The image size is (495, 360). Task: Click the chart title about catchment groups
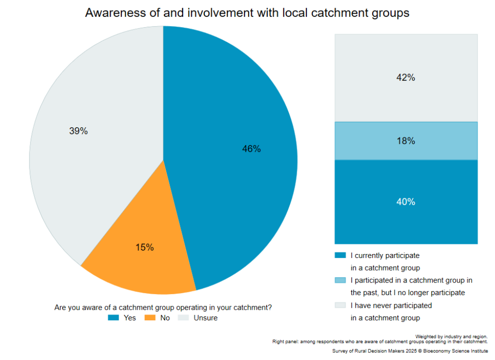247,13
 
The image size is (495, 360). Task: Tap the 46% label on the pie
251,149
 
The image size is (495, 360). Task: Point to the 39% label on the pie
78,131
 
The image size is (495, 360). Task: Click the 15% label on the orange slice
145,248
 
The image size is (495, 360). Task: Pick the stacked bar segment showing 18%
406,141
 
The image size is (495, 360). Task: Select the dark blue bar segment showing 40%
406,202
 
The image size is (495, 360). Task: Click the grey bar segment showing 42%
406,77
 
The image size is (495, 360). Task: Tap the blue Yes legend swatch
113,318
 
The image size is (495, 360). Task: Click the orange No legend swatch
149,318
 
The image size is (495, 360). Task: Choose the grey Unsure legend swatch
184,318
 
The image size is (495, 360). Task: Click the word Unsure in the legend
205,318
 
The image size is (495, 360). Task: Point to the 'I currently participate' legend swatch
340,255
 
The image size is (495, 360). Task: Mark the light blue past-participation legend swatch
340,280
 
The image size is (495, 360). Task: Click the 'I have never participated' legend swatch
340,305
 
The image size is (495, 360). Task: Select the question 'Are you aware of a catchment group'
163,307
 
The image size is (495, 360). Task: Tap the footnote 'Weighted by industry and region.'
451,336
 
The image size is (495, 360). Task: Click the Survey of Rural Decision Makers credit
410,351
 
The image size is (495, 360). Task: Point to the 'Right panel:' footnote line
380,342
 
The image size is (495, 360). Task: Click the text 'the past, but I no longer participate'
408,293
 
